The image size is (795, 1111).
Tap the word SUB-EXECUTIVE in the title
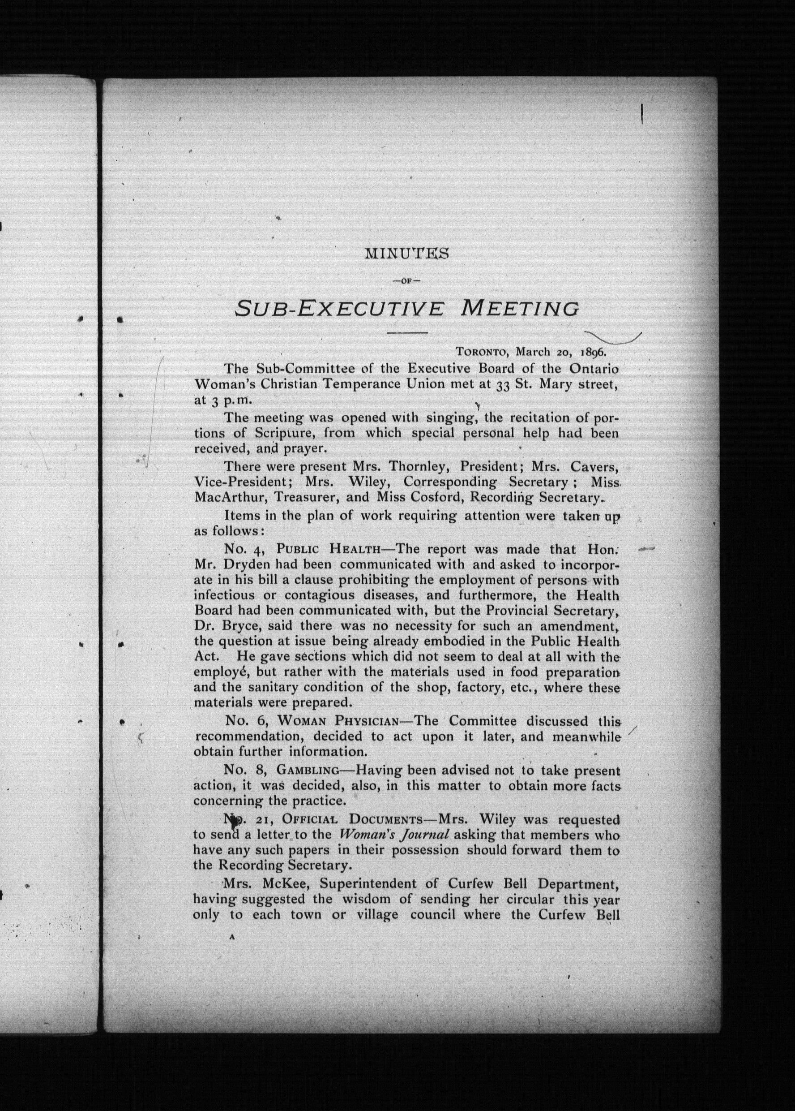point(340,309)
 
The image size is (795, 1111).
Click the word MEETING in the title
point(520,309)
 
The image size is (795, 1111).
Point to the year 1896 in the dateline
point(593,352)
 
